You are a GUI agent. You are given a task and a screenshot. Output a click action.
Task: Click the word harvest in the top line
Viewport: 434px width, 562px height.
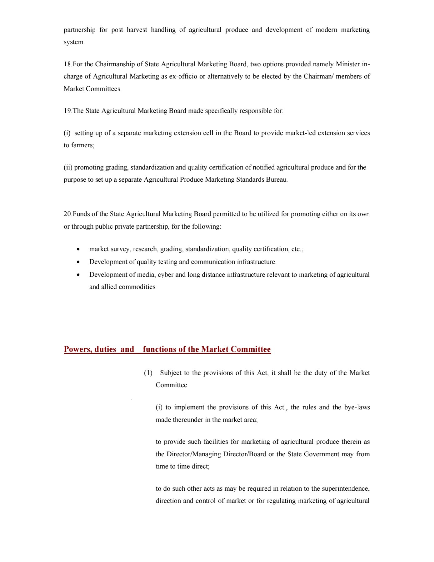click(x=137, y=30)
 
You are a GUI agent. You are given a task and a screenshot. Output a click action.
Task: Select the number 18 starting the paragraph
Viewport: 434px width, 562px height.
click(x=67, y=64)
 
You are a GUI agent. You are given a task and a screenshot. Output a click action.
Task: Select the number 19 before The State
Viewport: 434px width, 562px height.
click(x=67, y=111)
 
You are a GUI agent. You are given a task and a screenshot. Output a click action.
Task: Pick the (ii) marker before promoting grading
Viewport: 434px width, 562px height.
click(x=68, y=168)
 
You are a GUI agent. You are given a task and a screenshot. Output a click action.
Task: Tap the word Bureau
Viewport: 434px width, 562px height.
click(x=276, y=180)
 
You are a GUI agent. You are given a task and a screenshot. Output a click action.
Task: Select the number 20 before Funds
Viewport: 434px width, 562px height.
click(x=68, y=214)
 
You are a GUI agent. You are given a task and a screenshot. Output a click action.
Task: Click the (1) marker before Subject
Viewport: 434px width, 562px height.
click(x=148, y=373)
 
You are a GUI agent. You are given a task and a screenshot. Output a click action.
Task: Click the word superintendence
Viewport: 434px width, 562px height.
click(x=346, y=489)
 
